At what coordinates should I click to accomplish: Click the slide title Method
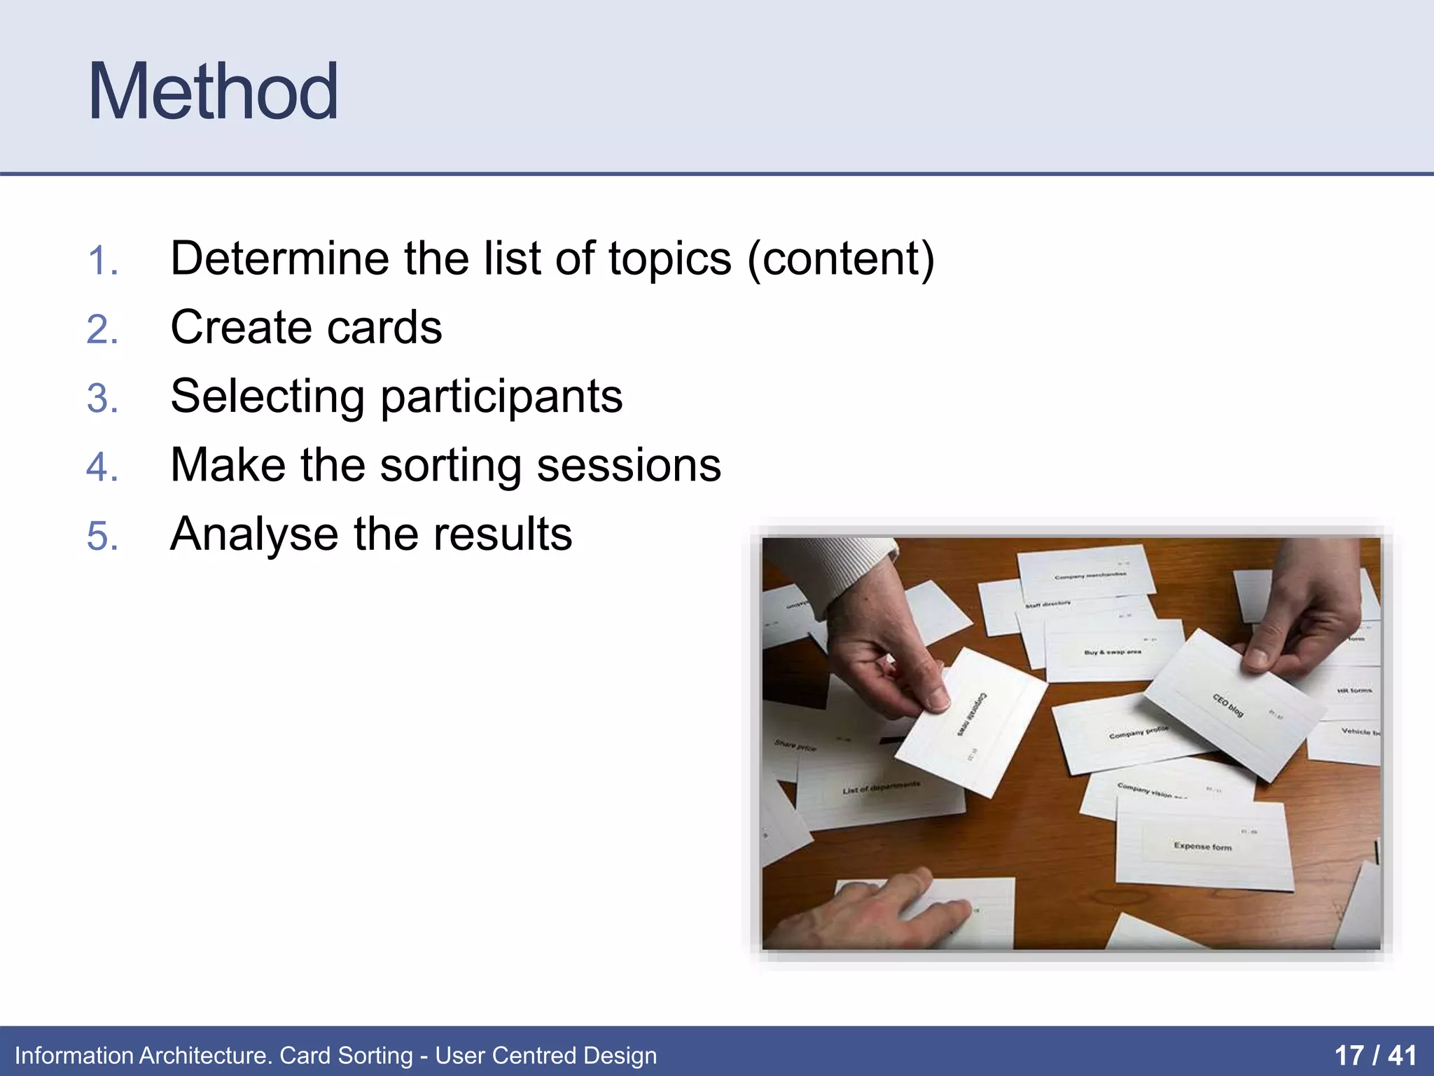click(213, 92)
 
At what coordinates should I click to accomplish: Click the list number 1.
click(102, 261)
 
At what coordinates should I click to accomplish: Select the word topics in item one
click(669, 259)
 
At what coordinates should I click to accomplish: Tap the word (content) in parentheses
click(840, 259)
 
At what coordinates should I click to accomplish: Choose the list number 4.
click(102, 467)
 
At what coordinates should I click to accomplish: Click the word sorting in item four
click(450, 466)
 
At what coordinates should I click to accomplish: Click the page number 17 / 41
click(1374, 1055)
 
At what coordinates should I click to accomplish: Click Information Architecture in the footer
click(143, 1055)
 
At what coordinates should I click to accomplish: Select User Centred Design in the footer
click(545, 1055)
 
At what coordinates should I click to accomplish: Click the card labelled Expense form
click(1202, 846)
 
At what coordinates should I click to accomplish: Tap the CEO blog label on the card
click(1227, 705)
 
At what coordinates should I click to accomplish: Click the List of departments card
click(880, 788)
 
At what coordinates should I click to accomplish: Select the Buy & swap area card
click(1112, 652)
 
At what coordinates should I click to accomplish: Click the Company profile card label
click(1138, 733)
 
